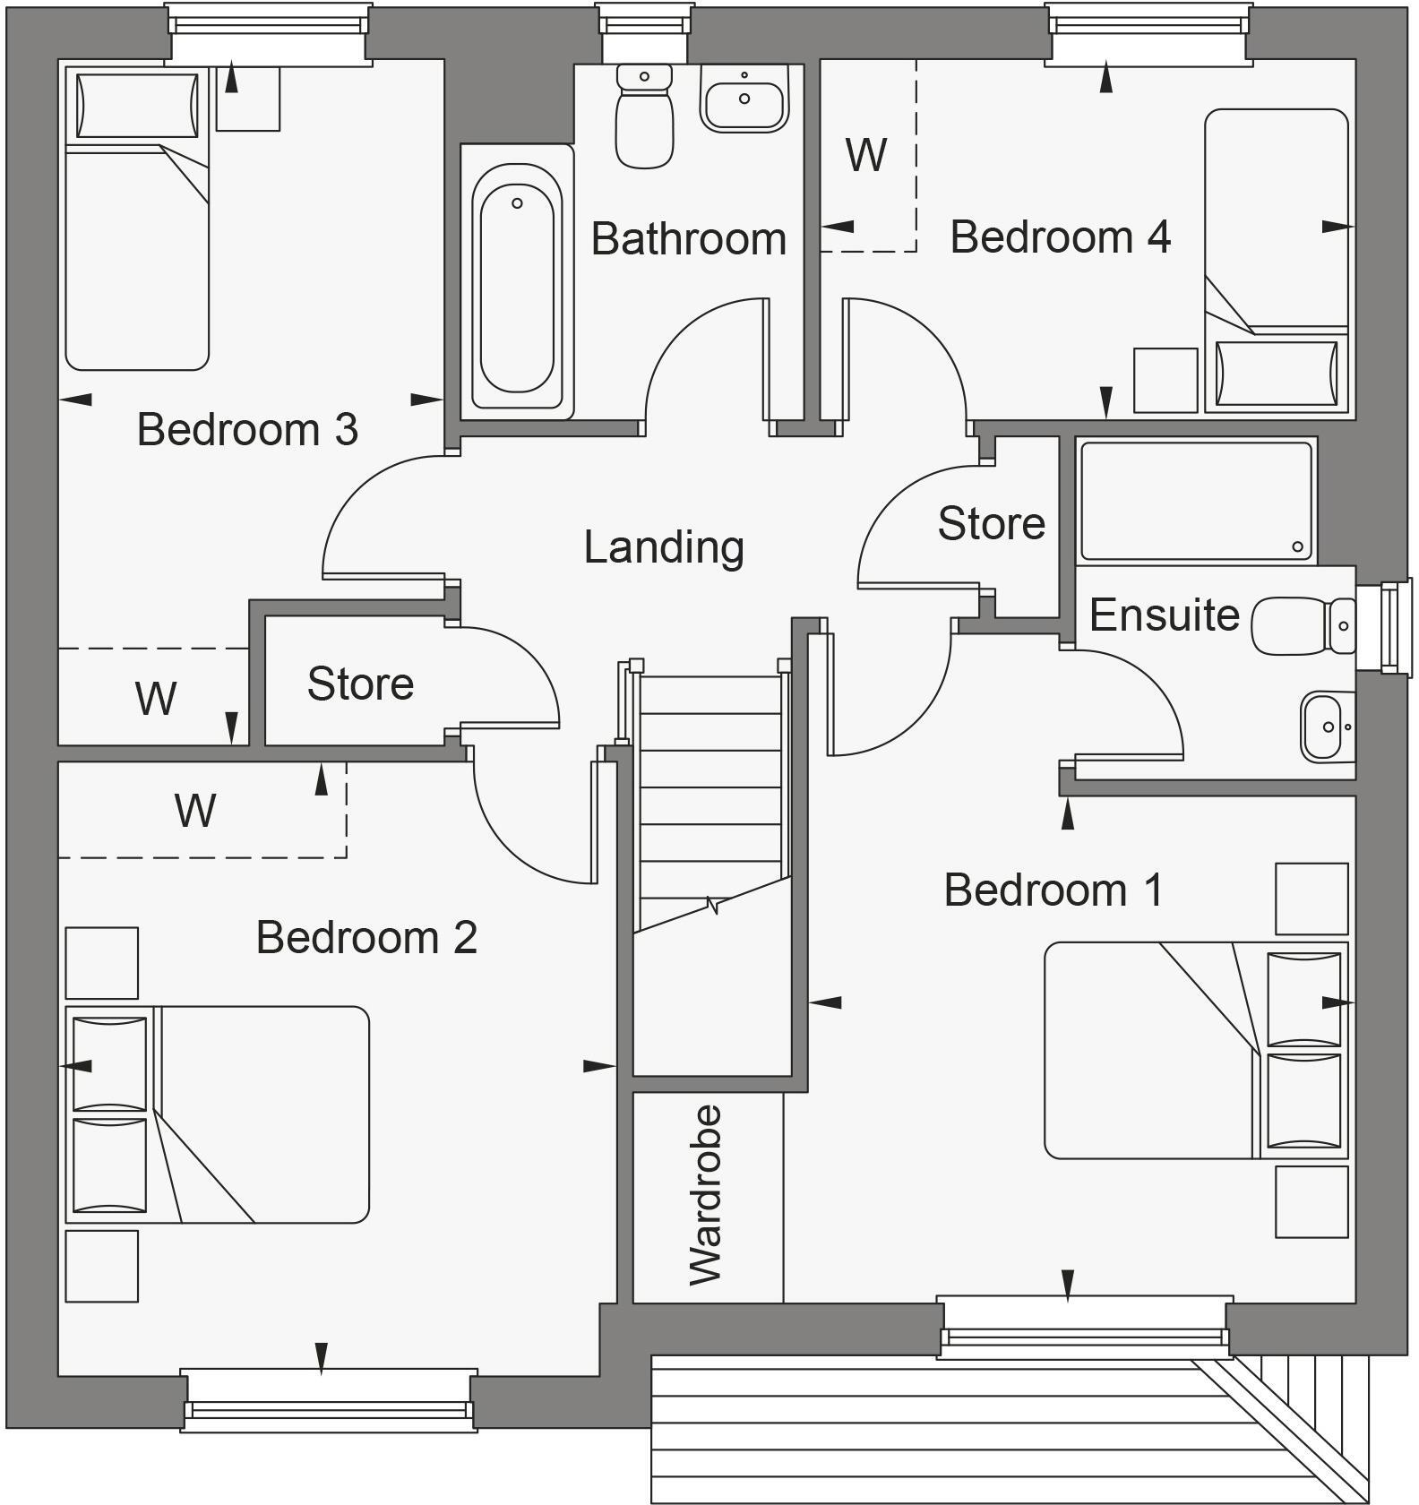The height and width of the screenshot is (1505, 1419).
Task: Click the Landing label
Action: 664,546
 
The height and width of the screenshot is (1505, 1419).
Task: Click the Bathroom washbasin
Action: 744,99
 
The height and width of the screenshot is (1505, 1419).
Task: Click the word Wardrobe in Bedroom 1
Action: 707,1195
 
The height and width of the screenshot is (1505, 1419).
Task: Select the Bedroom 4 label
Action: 1060,237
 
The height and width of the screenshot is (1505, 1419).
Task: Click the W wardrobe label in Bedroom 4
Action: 865,156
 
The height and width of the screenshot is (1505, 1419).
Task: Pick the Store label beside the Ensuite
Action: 991,523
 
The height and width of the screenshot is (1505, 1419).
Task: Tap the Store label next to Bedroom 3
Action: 360,684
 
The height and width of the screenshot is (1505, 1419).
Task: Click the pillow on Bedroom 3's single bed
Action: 137,106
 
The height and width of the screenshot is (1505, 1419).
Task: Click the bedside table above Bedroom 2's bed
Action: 102,963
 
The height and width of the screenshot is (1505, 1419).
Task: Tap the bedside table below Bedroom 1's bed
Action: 1311,1201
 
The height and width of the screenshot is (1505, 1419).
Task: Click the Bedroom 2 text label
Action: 366,938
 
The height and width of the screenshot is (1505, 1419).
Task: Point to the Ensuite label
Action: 1164,615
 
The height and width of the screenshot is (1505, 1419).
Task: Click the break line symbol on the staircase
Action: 714,906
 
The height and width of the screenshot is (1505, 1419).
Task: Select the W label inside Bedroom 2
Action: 195,811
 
